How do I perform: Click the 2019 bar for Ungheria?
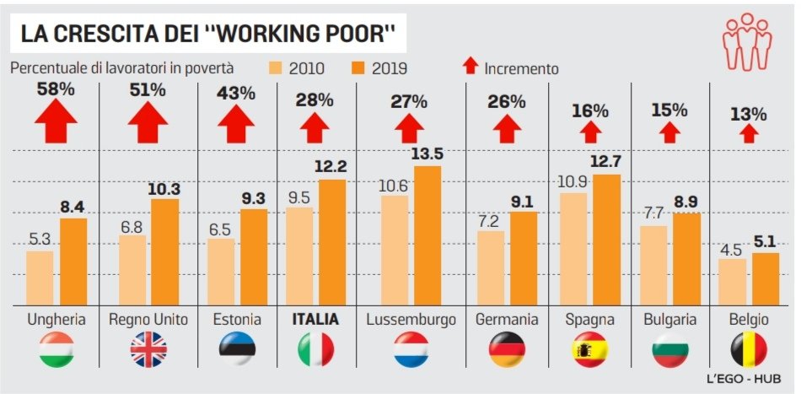click(x=73, y=262)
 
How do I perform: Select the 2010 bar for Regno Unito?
click(x=133, y=270)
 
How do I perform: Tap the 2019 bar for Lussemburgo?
click(x=428, y=235)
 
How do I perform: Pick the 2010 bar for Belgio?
click(x=733, y=282)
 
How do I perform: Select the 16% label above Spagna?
click(x=590, y=111)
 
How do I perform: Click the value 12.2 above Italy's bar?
click(x=330, y=166)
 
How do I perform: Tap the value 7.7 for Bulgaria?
click(x=655, y=213)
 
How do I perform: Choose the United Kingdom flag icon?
click(x=148, y=348)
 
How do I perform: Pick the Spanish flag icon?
click(x=590, y=348)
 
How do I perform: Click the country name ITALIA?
click(x=315, y=320)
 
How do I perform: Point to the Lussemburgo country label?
click(x=411, y=320)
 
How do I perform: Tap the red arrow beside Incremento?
click(x=470, y=67)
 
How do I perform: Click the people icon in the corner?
click(x=745, y=42)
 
